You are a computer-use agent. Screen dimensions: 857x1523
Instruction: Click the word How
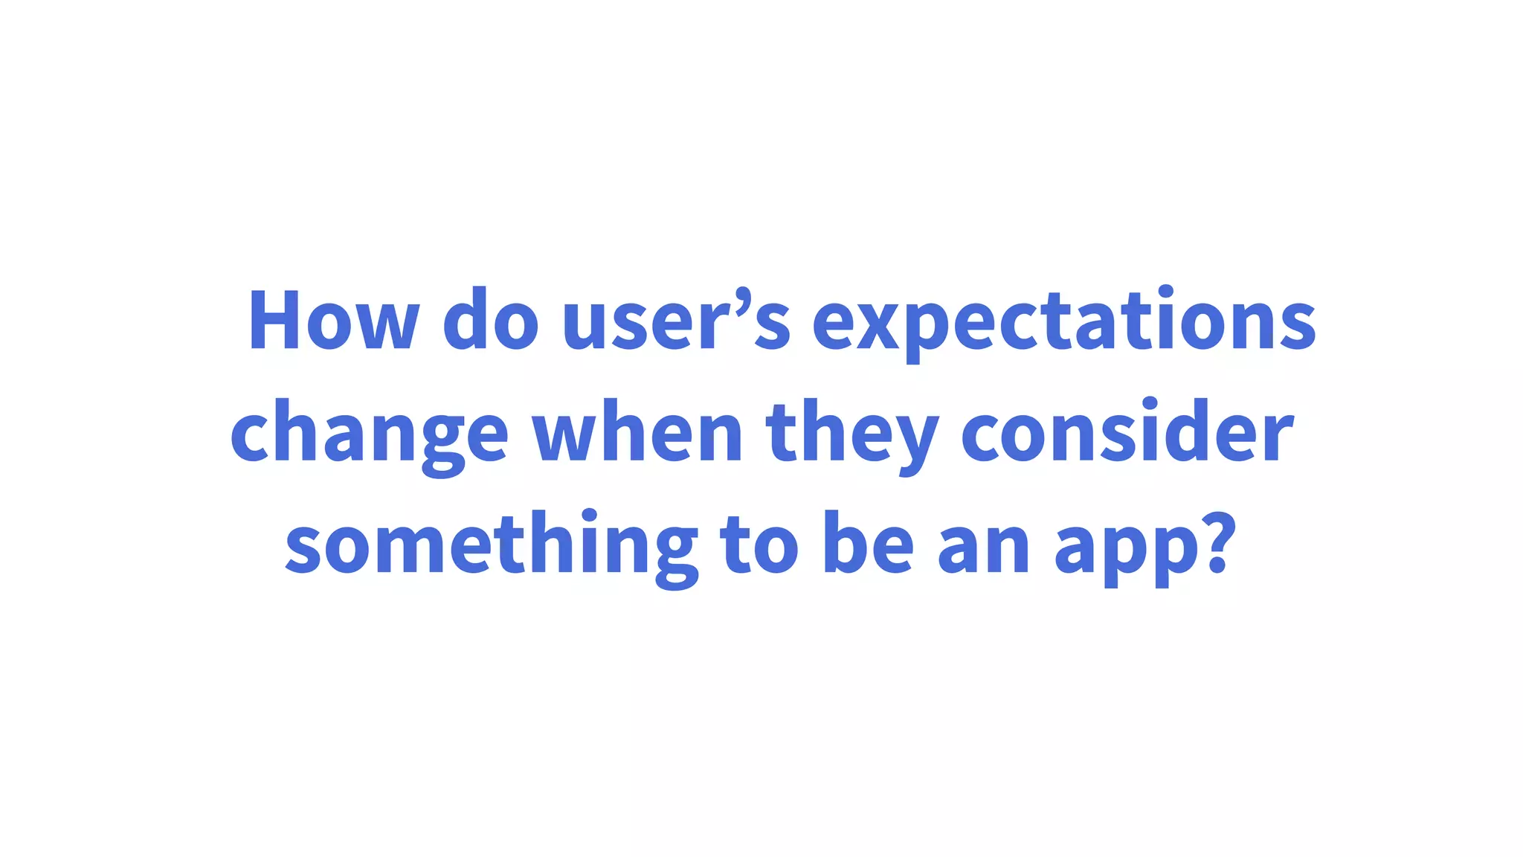pos(332,320)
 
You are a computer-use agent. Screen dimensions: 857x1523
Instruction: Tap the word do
pos(490,320)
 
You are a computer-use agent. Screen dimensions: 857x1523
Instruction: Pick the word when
pos(637,433)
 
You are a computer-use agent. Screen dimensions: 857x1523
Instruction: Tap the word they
pos(851,433)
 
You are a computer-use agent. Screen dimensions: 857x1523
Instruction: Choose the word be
pos(868,545)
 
